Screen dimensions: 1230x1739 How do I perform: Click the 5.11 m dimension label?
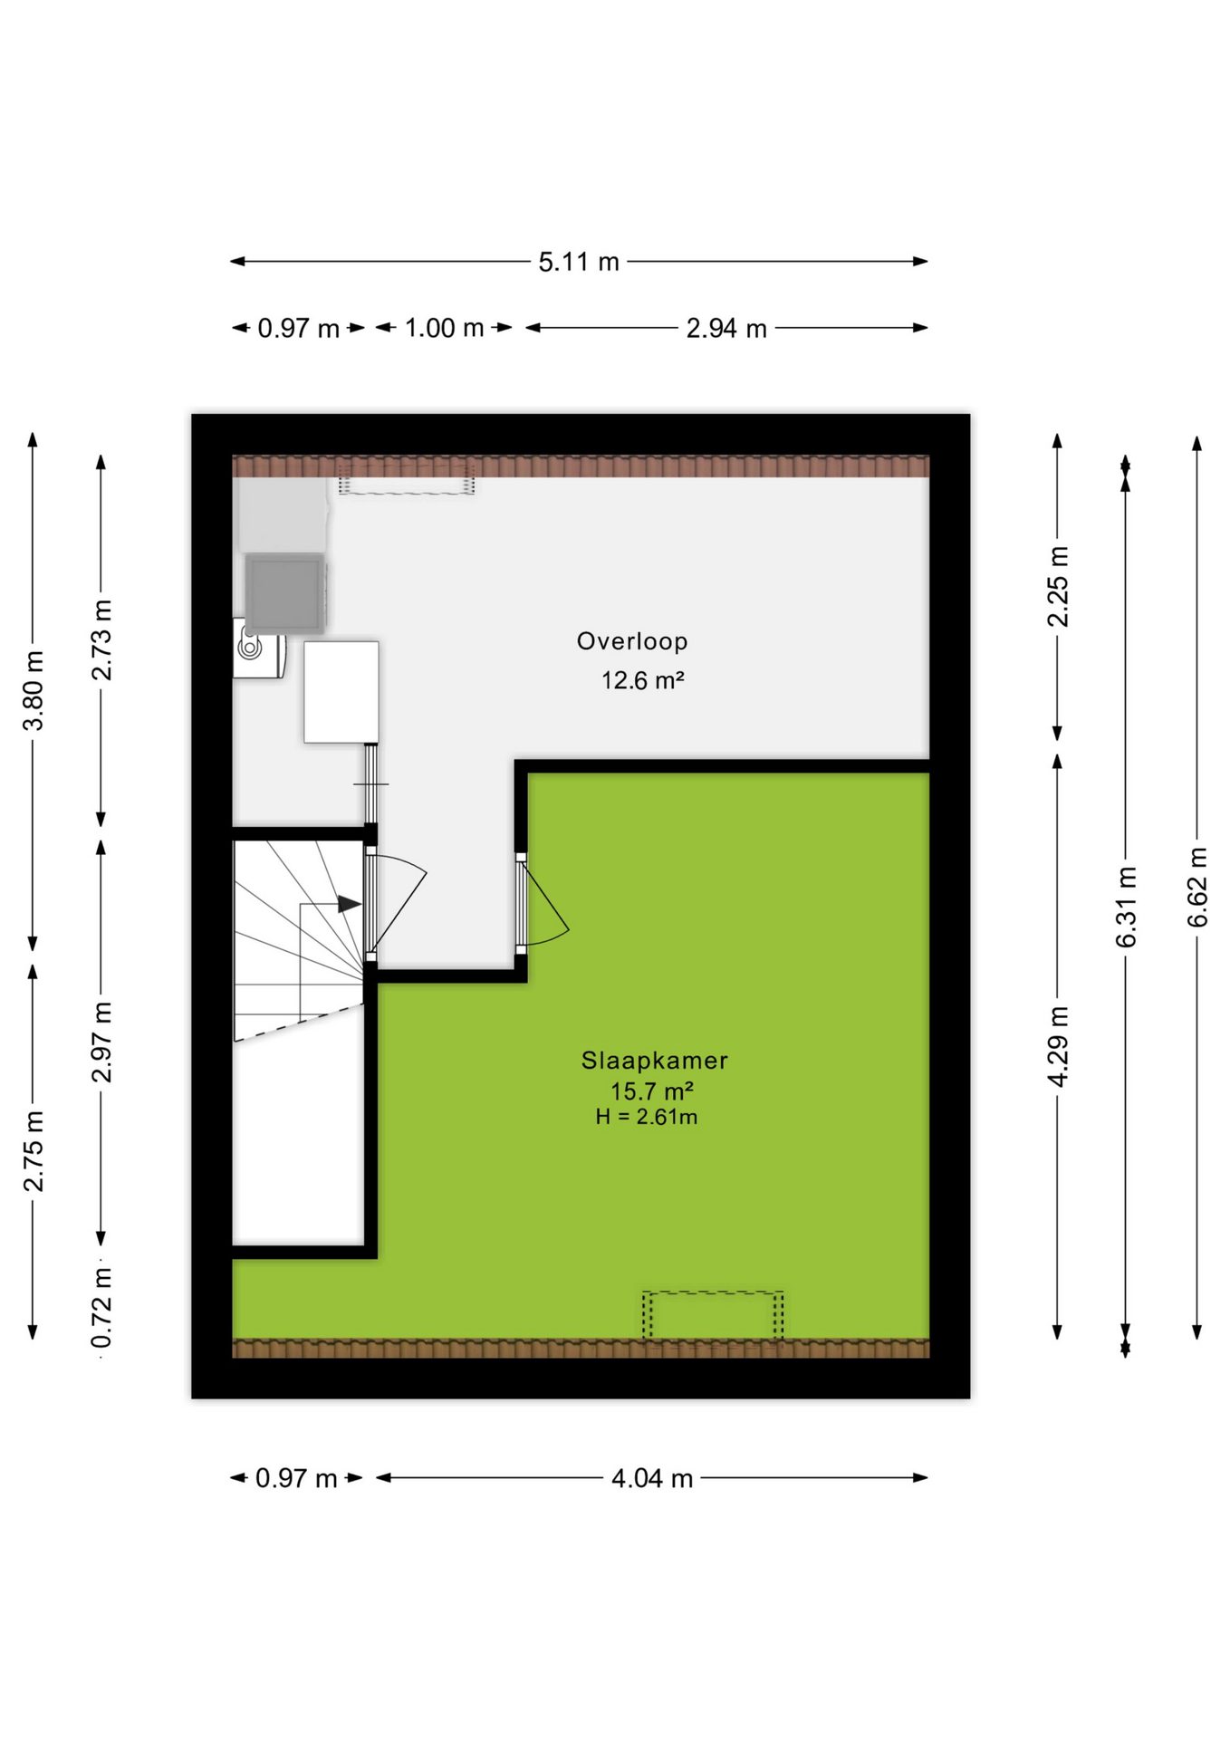pos(579,262)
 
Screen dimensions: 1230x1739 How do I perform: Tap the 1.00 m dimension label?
pos(444,328)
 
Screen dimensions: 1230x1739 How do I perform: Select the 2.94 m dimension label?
pos(726,328)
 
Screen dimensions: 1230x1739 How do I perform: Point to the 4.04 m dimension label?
pos(652,1478)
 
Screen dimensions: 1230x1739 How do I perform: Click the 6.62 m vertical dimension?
pos(1197,887)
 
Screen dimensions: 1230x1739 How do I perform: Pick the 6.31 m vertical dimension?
pos(1126,907)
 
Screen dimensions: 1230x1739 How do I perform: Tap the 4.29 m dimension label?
pos(1057,1046)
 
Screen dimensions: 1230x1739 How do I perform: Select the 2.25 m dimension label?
pos(1057,586)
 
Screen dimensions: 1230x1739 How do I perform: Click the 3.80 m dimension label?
pos(34,690)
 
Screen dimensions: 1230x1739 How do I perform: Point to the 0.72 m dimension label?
pos(101,1307)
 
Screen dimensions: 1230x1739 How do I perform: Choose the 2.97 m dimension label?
pos(101,1042)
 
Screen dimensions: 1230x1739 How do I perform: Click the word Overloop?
pos(632,641)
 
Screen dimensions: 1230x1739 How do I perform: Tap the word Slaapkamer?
pos(654,1061)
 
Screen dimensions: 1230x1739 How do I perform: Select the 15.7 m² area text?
pos(652,1091)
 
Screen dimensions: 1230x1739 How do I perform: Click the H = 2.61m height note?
pos(647,1118)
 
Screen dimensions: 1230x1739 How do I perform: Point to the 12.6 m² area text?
pos(642,680)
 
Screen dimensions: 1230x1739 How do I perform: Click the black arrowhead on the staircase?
pos(350,904)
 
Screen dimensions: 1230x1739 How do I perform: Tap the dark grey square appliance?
pos(284,592)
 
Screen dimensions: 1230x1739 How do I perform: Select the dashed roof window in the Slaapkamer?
pos(713,1316)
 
